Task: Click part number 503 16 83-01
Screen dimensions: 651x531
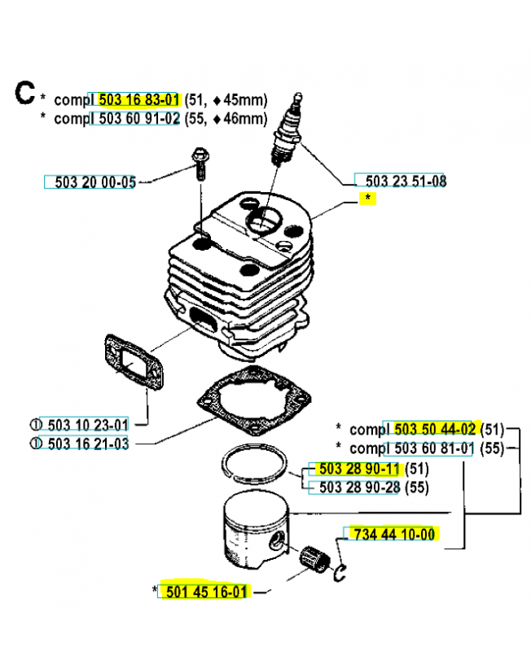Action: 138,99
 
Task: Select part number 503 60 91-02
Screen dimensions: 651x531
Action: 138,118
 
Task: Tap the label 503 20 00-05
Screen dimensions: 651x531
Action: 96,182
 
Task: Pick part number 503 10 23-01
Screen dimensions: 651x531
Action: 89,424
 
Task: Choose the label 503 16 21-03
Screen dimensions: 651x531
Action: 89,443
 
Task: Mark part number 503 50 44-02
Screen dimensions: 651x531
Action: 434,429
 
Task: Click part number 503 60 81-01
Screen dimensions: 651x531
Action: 434,448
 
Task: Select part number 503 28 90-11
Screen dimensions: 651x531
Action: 359,470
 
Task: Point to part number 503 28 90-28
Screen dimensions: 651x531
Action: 359,487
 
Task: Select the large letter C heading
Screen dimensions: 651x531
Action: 24,94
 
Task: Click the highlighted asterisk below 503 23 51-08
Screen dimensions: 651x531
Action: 368,199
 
